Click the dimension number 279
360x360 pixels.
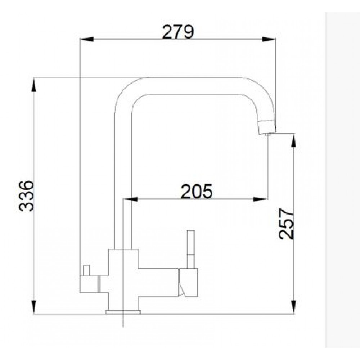[x=178, y=32]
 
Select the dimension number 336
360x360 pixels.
[x=27, y=196]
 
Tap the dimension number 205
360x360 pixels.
[x=197, y=191]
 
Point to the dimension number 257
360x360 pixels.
[x=286, y=224]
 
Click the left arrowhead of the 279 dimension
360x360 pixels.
[x=87, y=39]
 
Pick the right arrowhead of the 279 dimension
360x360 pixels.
[x=269, y=39]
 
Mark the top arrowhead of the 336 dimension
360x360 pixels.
[x=34, y=85]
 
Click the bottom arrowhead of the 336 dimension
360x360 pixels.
[x=34, y=307]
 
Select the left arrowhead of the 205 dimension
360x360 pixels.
[x=130, y=199]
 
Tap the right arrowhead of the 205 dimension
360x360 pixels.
[x=260, y=199]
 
